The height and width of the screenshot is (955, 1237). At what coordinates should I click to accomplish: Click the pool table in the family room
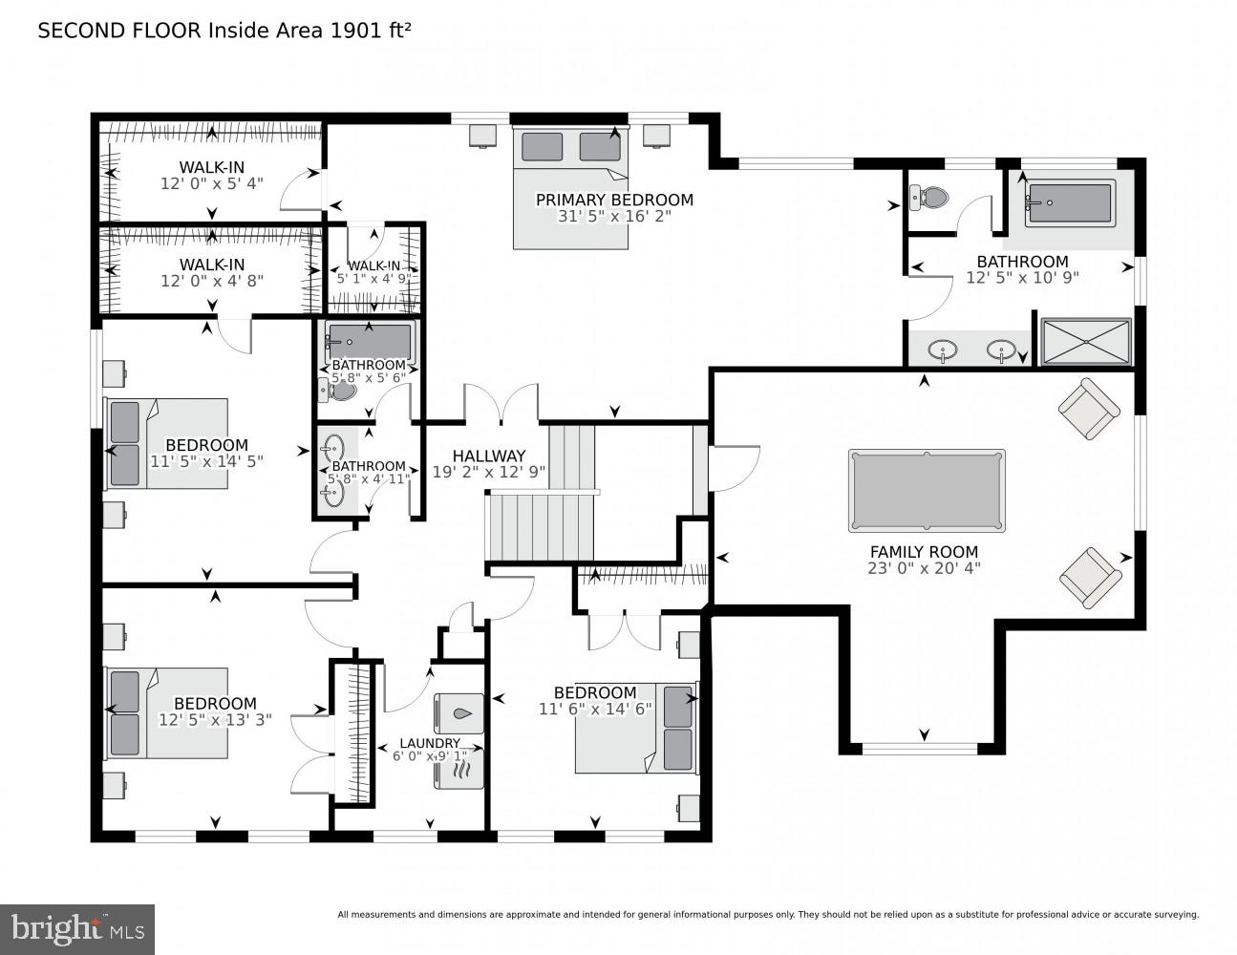926,490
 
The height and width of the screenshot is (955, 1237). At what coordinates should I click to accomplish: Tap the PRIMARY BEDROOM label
614,200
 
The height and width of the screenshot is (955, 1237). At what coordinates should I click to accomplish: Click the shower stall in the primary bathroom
1086,342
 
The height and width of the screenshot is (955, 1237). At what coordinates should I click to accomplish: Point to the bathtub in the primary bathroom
1069,203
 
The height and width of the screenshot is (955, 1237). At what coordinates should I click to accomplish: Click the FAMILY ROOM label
924,551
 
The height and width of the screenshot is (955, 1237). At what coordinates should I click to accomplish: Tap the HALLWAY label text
489,456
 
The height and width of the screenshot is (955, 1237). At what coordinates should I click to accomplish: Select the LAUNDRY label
430,743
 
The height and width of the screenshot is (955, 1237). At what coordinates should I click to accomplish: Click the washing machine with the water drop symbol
459,713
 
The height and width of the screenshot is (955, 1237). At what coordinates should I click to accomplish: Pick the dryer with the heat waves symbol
459,768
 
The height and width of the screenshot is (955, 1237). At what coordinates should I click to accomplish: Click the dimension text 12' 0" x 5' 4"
211,183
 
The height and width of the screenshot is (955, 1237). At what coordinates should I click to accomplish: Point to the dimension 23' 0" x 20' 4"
924,567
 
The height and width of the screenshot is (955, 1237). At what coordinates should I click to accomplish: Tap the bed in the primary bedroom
571,187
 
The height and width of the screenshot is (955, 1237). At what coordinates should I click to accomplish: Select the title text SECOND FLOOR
120,30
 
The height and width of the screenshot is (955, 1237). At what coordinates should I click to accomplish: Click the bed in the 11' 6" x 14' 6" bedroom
637,728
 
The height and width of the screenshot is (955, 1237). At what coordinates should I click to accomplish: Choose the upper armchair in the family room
1089,409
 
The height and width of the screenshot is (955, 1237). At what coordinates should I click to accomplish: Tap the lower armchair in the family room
1090,577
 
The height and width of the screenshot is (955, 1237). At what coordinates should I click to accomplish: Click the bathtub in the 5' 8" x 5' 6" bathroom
369,341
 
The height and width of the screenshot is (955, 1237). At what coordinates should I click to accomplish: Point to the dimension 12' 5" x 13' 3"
215,720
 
